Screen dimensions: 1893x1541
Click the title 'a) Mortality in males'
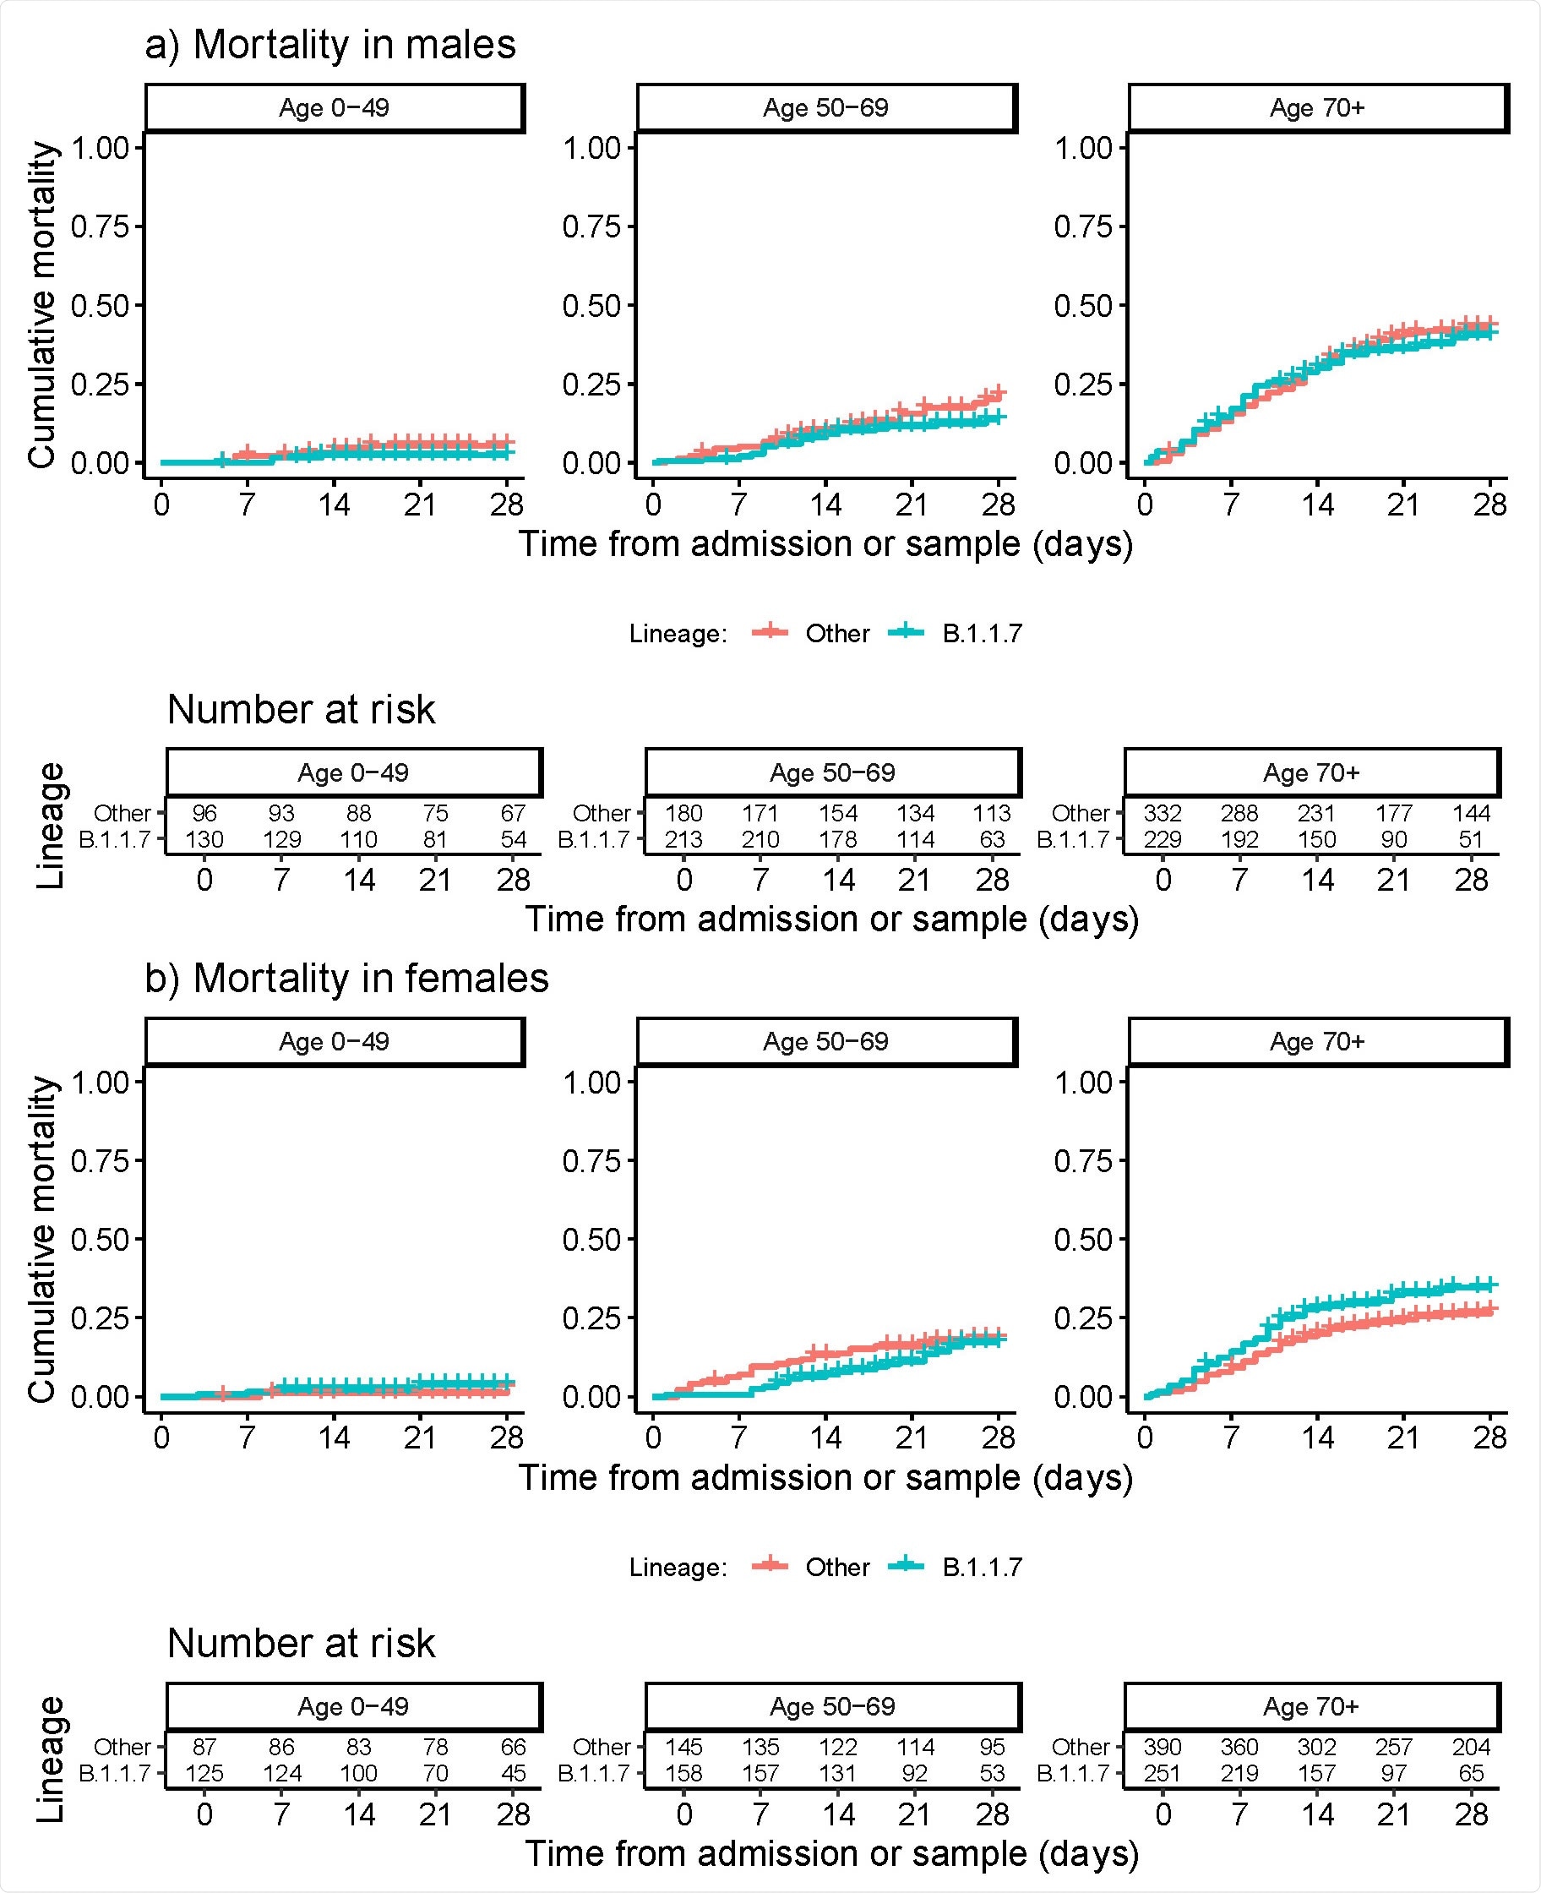330,45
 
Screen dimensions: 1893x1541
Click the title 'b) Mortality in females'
346,979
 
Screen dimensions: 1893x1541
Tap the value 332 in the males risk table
1162,813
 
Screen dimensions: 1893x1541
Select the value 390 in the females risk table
1162,1748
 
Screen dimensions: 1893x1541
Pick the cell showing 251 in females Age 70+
1162,1773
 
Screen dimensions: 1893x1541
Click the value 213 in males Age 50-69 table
683,839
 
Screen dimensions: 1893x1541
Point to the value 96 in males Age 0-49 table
204,813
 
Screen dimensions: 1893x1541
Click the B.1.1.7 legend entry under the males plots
981,634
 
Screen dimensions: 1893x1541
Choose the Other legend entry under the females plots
836,1567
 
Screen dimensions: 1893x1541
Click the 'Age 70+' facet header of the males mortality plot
1317,108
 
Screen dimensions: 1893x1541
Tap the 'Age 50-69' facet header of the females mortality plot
825,1041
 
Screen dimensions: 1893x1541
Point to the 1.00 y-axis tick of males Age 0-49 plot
100,147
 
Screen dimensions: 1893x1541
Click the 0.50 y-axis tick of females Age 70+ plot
1082,1240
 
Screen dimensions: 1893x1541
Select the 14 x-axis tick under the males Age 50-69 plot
825,505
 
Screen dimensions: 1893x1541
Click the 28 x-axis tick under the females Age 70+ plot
1489,1438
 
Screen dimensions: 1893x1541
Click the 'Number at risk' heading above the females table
301,1644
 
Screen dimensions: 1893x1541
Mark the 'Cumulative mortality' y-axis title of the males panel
41,304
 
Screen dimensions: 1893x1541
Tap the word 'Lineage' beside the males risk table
51,825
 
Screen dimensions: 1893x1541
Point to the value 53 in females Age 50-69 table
992,1773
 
